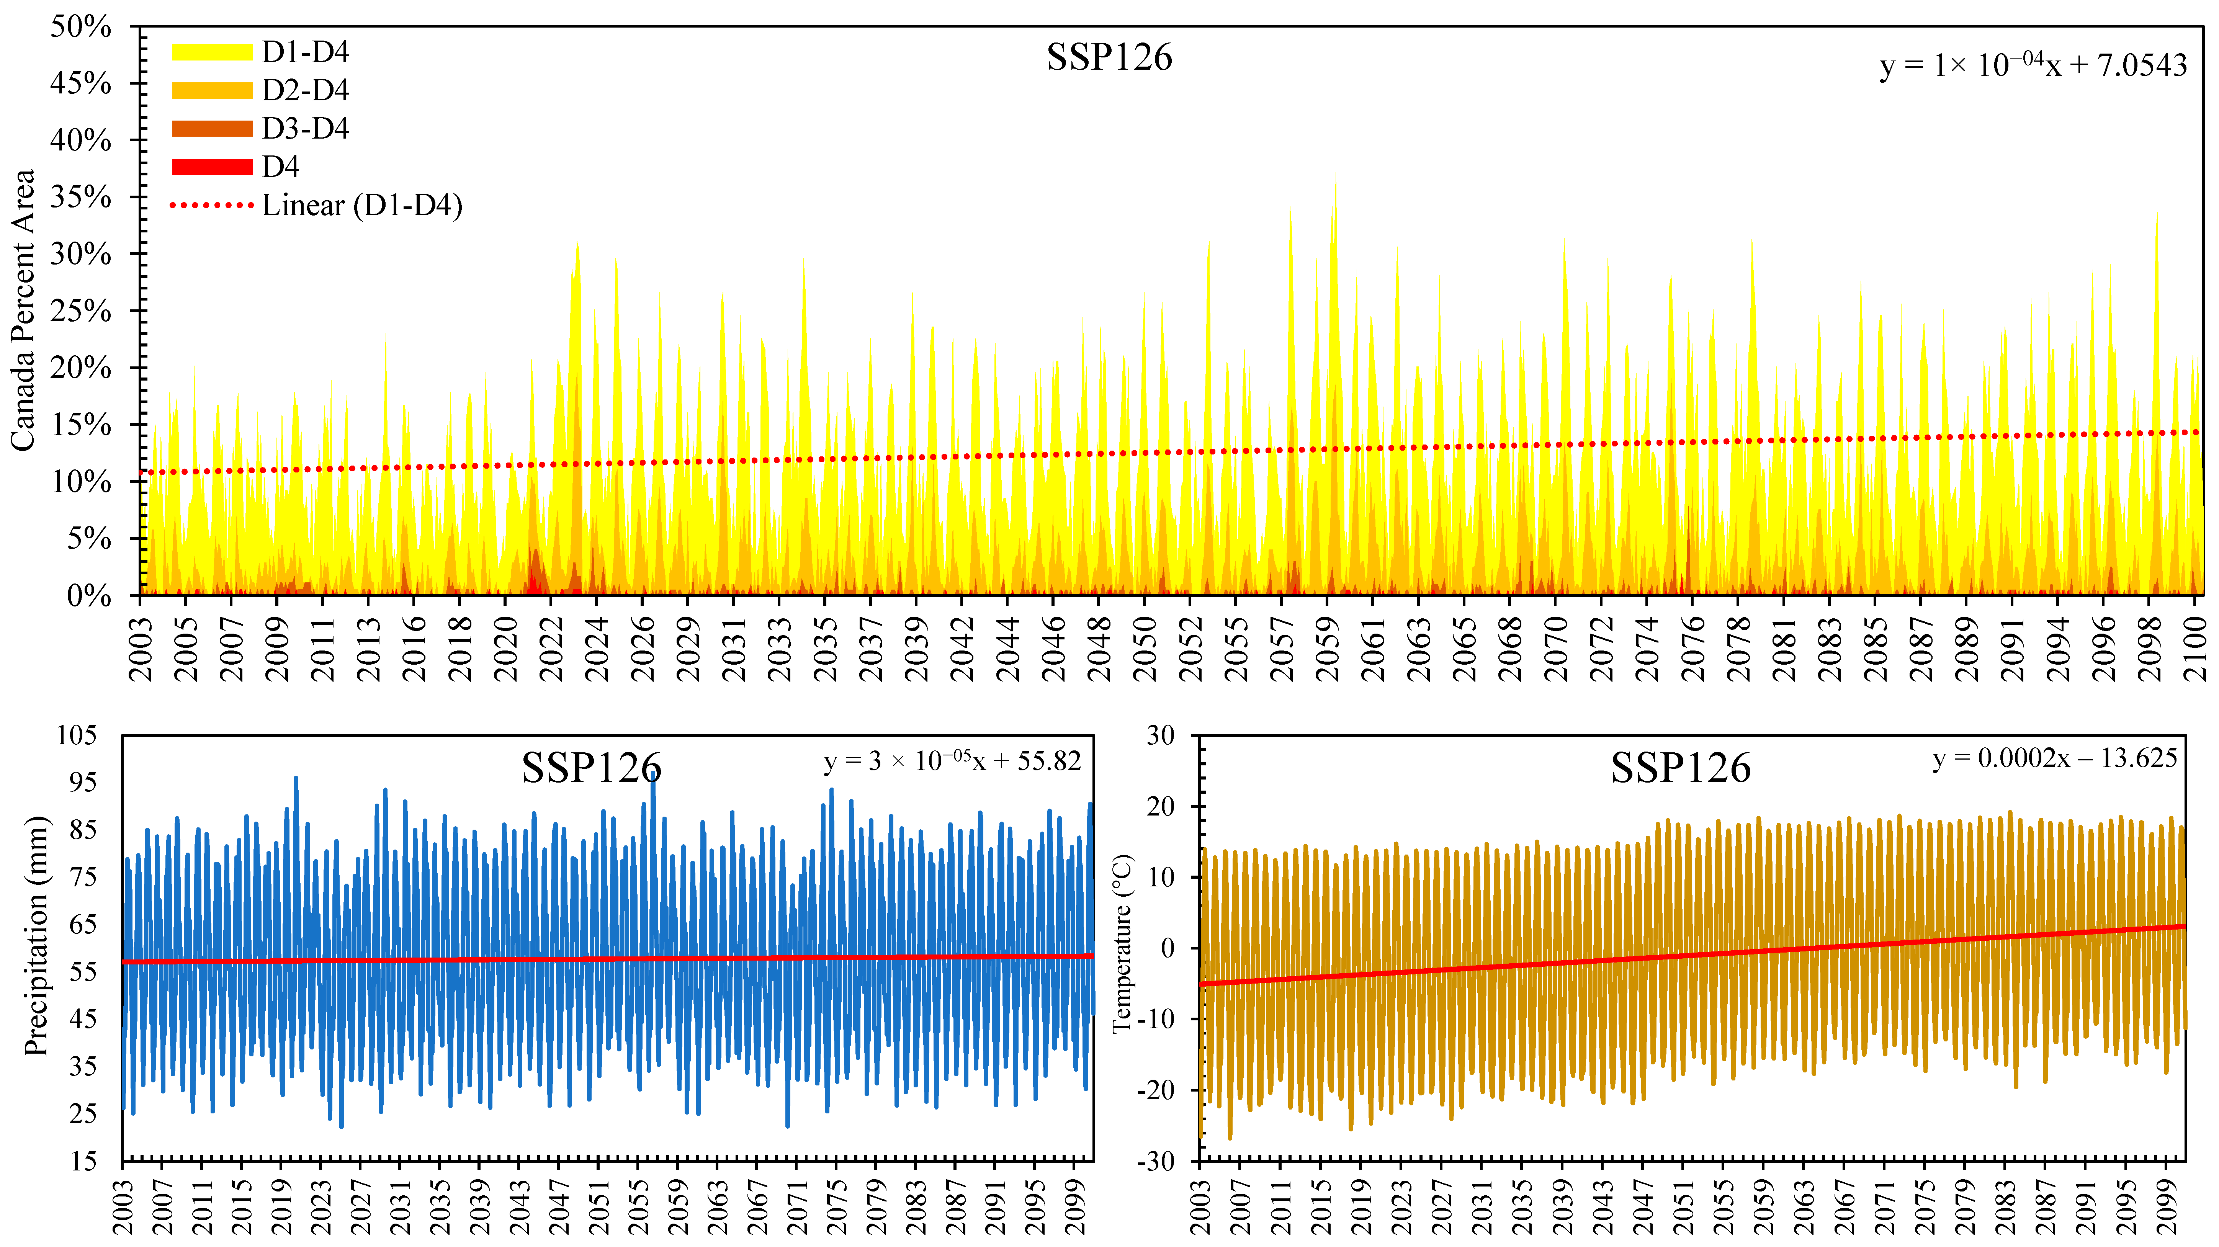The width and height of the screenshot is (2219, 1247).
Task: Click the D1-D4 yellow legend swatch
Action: (x=212, y=52)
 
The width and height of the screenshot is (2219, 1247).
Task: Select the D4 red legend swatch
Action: (x=212, y=166)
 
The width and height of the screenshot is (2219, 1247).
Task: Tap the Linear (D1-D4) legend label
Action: (x=362, y=205)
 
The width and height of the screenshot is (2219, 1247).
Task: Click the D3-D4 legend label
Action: (x=305, y=128)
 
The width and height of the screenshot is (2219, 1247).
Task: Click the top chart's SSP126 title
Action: (x=1109, y=58)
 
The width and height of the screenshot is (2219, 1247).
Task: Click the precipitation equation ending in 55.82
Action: (x=952, y=761)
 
